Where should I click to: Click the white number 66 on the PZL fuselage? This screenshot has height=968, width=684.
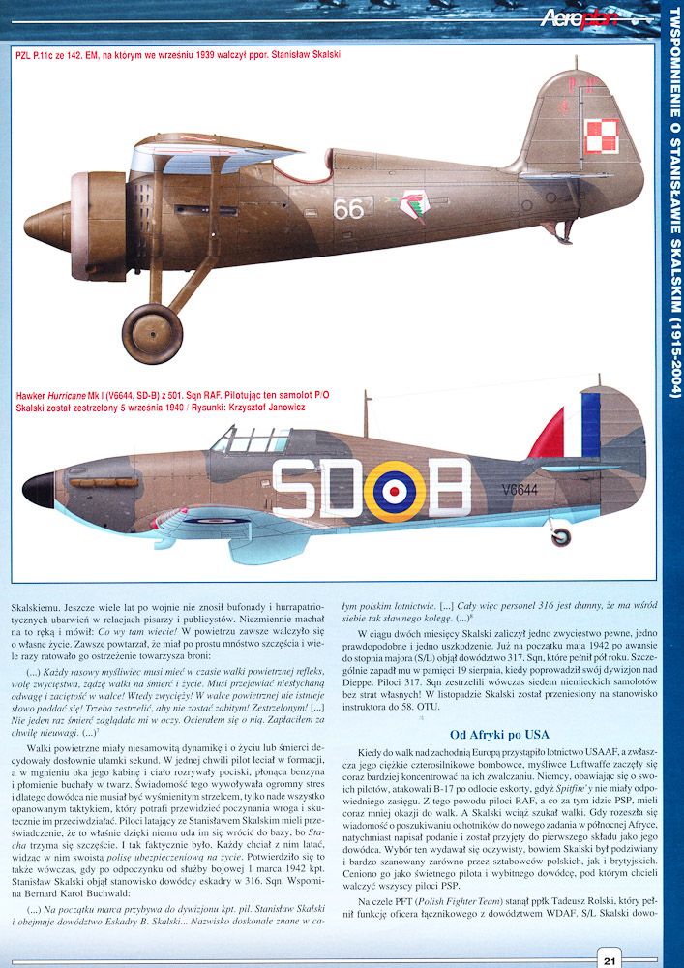tap(348, 209)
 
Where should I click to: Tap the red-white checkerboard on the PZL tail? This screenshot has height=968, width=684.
tap(602, 135)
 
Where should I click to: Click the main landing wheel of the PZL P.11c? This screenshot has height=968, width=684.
tap(154, 333)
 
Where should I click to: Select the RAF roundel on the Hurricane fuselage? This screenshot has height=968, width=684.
tap(393, 488)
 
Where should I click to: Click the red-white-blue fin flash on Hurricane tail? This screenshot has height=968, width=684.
tap(577, 432)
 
